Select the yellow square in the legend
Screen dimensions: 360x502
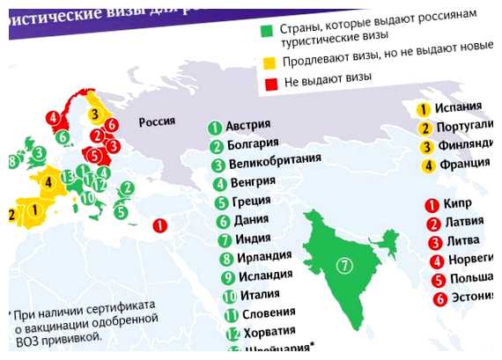tap(267, 62)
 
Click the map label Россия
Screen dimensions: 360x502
tap(157, 121)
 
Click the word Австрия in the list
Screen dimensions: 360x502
tap(246, 125)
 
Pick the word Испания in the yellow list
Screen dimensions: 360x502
tap(460, 107)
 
